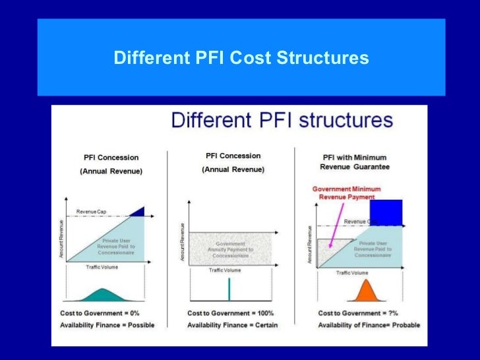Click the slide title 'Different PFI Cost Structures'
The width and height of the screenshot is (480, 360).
[x=241, y=59]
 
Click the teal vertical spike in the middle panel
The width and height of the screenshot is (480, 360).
[x=229, y=289]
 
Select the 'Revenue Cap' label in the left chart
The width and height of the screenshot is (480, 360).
[x=92, y=212]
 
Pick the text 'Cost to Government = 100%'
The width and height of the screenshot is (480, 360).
[x=230, y=313]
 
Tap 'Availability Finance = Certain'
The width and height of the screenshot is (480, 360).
[x=232, y=325]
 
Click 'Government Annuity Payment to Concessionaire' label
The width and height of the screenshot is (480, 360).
[x=229, y=249]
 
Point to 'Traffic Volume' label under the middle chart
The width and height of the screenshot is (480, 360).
[x=225, y=270]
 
